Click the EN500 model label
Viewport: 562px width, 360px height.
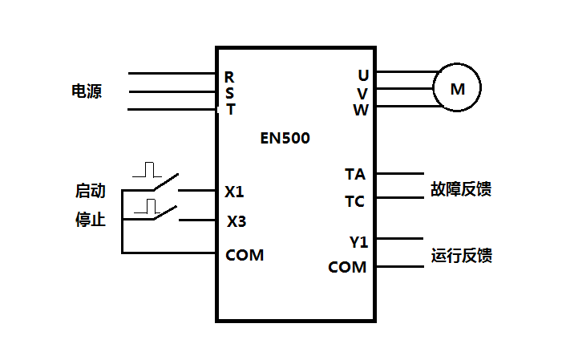click(285, 138)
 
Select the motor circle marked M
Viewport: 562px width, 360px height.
click(457, 89)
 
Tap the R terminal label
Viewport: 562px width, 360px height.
click(229, 77)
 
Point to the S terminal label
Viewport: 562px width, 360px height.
click(229, 93)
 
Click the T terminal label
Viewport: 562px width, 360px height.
click(230, 110)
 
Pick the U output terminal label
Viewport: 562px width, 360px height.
click(363, 75)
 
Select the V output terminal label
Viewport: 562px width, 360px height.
click(363, 93)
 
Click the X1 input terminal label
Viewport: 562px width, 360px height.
click(234, 192)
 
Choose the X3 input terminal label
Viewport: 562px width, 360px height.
click(236, 221)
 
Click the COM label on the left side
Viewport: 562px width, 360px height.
click(245, 256)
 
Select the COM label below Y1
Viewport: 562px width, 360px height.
click(347, 267)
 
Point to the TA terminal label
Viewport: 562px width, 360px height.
click(354, 174)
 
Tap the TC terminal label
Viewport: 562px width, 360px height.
click(354, 201)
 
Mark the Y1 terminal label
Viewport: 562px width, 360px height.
click(358, 241)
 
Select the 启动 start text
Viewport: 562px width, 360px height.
click(90, 192)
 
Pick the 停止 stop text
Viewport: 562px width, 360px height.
click(90, 220)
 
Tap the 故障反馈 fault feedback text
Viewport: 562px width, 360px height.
click(461, 189)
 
